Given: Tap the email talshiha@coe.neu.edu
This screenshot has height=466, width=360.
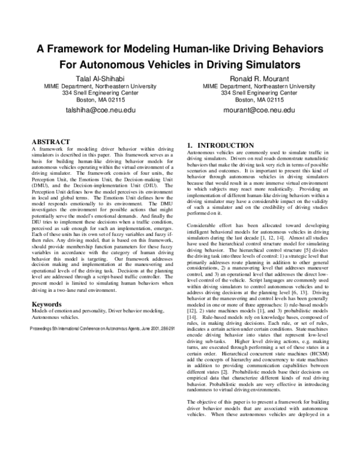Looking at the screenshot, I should (x=101, y=110).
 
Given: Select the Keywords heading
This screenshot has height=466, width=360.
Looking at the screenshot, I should (x=49, y=304).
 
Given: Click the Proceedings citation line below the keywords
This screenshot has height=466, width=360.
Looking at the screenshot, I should (x=102, y=329).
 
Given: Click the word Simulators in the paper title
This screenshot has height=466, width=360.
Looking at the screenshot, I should (x=275, y=62).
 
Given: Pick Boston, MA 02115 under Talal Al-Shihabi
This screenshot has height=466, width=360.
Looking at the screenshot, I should (x=101, y=100).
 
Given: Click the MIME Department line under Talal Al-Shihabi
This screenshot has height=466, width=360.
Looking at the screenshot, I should (x=101, y=85).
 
